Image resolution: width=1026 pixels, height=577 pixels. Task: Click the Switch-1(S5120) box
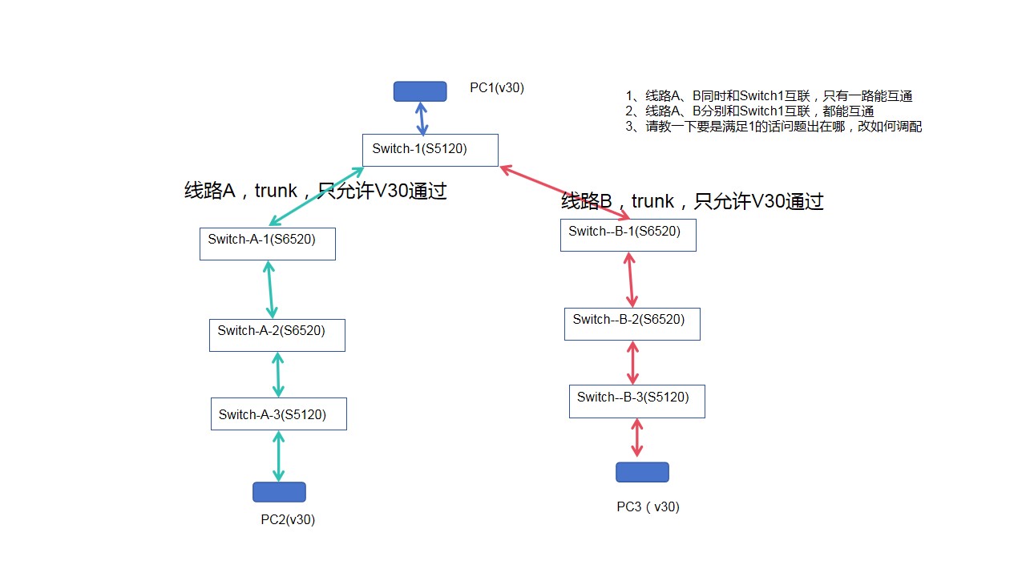point(430,150)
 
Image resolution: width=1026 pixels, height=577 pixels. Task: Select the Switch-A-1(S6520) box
point(268,244)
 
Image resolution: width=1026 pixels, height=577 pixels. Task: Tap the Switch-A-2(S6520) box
point(277,335)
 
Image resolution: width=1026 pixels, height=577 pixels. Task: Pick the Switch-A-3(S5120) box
point(279,414)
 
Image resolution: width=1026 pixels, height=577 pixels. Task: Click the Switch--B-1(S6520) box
point(628,235)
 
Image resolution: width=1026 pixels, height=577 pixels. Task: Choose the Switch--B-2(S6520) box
point(632,324)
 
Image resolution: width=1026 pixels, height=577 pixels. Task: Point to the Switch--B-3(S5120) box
point(637,401)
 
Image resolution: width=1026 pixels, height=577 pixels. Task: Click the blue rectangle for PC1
point(420,91)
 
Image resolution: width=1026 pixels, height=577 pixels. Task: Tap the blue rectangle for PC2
point(279,492)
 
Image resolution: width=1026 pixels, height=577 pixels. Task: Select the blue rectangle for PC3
point(642,472)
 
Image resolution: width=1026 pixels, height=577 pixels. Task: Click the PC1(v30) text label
point(497,88)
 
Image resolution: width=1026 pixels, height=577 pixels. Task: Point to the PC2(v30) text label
point(288,519)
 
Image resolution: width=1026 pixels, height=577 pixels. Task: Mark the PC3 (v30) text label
point(648,506)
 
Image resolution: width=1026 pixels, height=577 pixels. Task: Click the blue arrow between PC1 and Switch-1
point(422,119)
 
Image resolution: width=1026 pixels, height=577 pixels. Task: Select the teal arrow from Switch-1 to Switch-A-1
point(317,196)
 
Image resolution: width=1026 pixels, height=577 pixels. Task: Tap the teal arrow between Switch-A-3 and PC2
point(279,456)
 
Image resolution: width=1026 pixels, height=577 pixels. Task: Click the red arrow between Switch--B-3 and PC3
point(637,438)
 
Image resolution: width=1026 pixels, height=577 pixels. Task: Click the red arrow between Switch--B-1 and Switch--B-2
point(630,280)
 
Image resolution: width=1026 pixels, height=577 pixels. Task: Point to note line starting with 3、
point(774,127)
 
